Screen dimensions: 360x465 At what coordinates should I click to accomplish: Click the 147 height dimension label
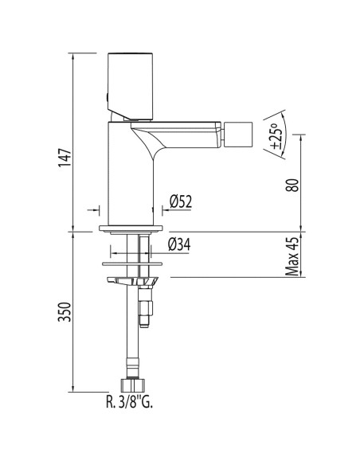pos(65,157)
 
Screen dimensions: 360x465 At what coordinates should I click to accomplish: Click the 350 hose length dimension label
pos(65,312)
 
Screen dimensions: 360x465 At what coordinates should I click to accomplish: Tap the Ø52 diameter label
pos(181,201)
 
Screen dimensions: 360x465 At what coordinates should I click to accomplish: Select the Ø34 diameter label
pos(179,244)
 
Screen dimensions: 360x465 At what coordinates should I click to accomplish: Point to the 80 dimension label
pos(293,186)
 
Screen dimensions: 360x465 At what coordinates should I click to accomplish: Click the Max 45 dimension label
pos(292,256)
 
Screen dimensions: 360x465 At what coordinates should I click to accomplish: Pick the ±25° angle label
pos(275,136)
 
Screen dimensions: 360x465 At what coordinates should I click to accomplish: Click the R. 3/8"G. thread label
pos(129,402)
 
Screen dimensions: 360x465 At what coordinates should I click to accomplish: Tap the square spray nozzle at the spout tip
pos(238,135)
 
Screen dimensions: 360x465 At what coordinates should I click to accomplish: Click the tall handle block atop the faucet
pos(130,87)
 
